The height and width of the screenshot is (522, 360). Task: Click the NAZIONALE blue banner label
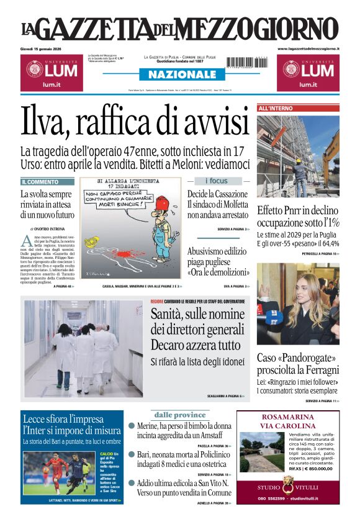point(179,74)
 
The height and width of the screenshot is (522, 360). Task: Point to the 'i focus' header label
point(217,181)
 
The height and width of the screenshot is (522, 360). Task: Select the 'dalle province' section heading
point(179,415)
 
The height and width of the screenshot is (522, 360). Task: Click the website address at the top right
point(308,48)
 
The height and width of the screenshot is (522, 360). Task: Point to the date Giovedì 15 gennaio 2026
point(45,48)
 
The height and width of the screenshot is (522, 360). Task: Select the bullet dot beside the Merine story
point(132,426)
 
